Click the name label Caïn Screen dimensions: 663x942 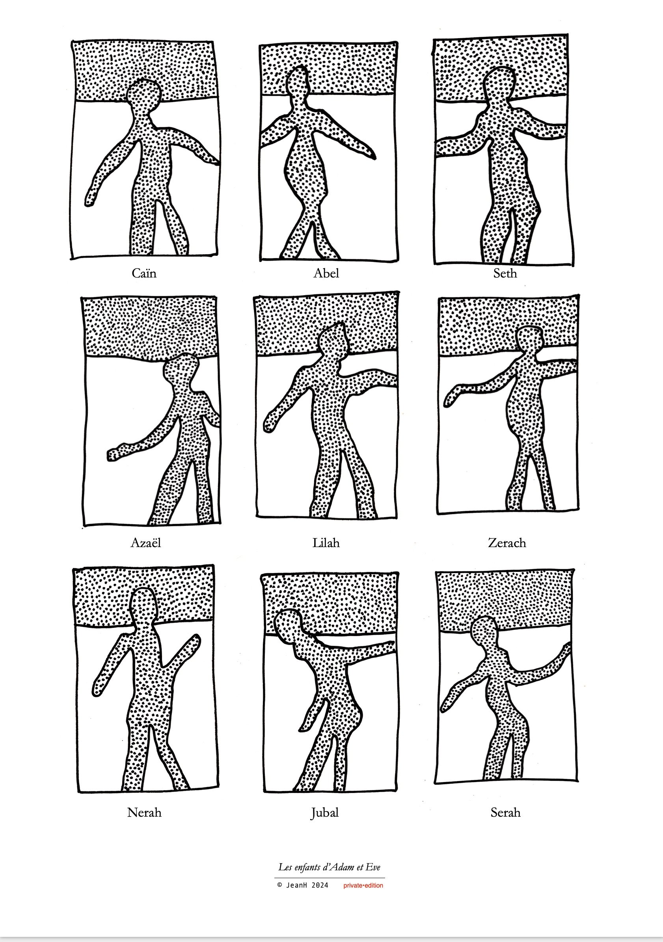click(144, 273)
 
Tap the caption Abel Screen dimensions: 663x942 click(326, 273)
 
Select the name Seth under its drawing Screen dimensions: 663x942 click(505, 273)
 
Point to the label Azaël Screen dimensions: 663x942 click(145, 543)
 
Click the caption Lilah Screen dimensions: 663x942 click(326, 543)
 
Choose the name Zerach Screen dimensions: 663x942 click(507, 543)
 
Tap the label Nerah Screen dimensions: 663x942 click(144, 812)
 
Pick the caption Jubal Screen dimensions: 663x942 click(325, 813)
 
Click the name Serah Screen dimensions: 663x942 click(505, 812)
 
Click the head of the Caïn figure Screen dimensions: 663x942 click(143, 95)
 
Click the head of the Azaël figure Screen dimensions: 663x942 click(180, 370)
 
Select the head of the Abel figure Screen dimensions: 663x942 click(298, 82)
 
